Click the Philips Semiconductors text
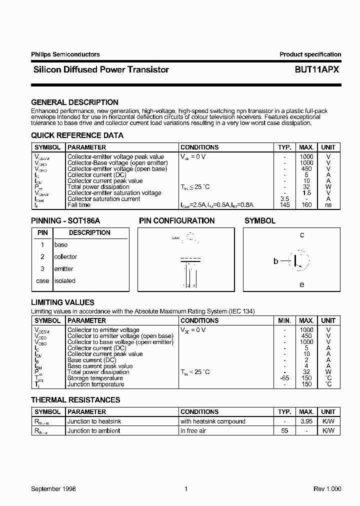(x=65, y=54)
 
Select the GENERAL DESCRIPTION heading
(x=74, y=102)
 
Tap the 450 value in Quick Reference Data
(x=306, y=169)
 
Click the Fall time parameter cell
(x=79, y=205)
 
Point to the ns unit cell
(x=328, y=205)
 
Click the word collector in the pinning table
(x=65, y=257)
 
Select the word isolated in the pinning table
(x=64, y=281)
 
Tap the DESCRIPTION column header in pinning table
(x=89, y=233)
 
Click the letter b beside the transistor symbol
(x=275, y=261)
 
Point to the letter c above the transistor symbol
(x=301, y=235)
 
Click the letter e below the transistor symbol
(x=301, y=284)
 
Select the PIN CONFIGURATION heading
(x=176, y=221)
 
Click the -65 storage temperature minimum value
(x=284, y=378)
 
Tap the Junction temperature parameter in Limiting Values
(x=95, y=384)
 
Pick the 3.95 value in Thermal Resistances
(x=306, y=421)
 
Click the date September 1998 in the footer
(x=53, y=488)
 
